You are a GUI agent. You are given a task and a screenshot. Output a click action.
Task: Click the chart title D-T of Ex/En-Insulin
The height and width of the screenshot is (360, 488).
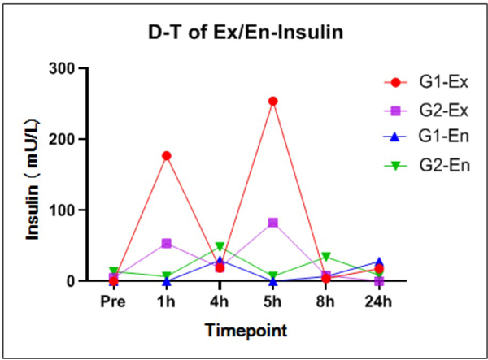coord(244,33)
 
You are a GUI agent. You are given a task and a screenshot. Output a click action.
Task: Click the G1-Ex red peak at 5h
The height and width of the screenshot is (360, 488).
coord(273,102)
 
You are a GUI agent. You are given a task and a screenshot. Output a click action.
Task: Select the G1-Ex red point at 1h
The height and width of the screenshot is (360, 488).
coord(167,155)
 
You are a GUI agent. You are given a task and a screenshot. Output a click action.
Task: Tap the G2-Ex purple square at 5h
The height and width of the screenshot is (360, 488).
coord(273,223)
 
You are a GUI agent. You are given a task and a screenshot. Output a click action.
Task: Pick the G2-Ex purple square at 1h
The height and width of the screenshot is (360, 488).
coord(167,243)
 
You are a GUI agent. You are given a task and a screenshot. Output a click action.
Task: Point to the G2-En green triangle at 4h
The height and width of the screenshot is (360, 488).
coord(220,246)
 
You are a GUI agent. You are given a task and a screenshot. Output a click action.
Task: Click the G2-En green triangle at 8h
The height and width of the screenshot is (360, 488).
coord(326,257)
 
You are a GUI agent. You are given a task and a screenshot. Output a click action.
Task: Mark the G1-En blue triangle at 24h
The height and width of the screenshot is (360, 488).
coord(379,262)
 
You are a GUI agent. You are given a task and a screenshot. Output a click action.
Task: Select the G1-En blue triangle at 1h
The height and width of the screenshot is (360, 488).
coord(167,281)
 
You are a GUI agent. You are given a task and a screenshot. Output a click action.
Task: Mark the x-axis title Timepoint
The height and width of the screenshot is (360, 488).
coord(245,331)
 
